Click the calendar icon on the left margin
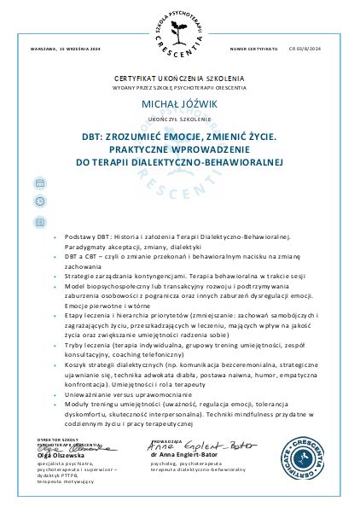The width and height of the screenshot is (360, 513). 39,184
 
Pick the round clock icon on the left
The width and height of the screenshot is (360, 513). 39,202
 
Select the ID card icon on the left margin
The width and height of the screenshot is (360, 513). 39,222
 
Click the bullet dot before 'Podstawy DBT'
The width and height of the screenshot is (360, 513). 55,236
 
